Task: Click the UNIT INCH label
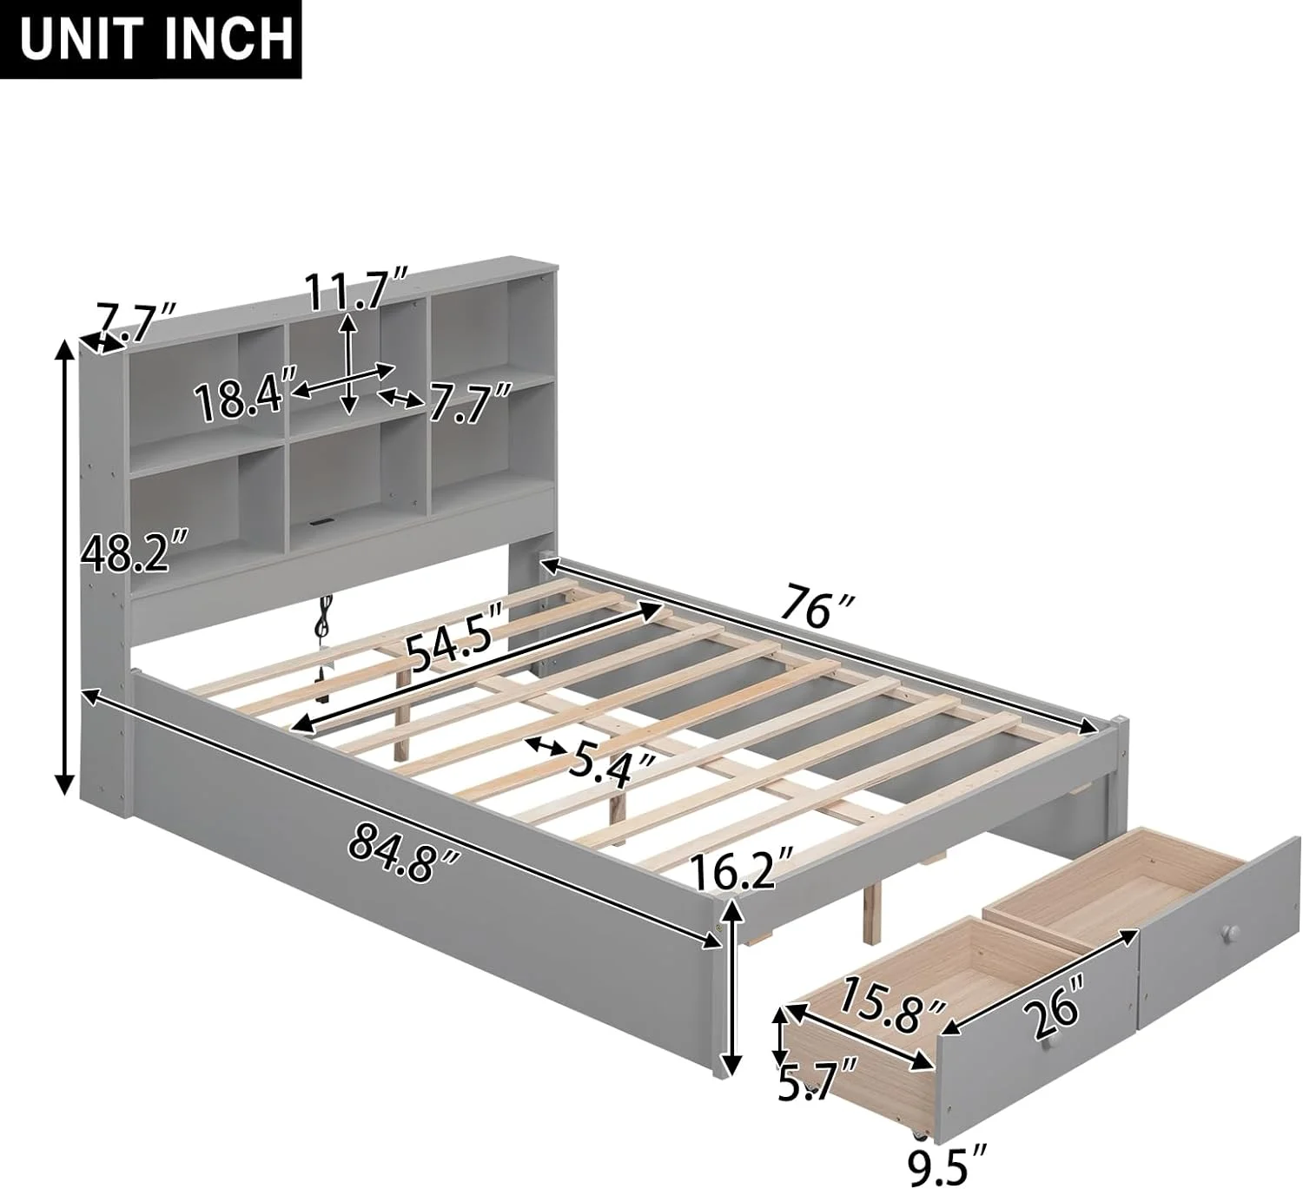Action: (155, 40)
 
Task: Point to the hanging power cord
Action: (323, 650)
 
